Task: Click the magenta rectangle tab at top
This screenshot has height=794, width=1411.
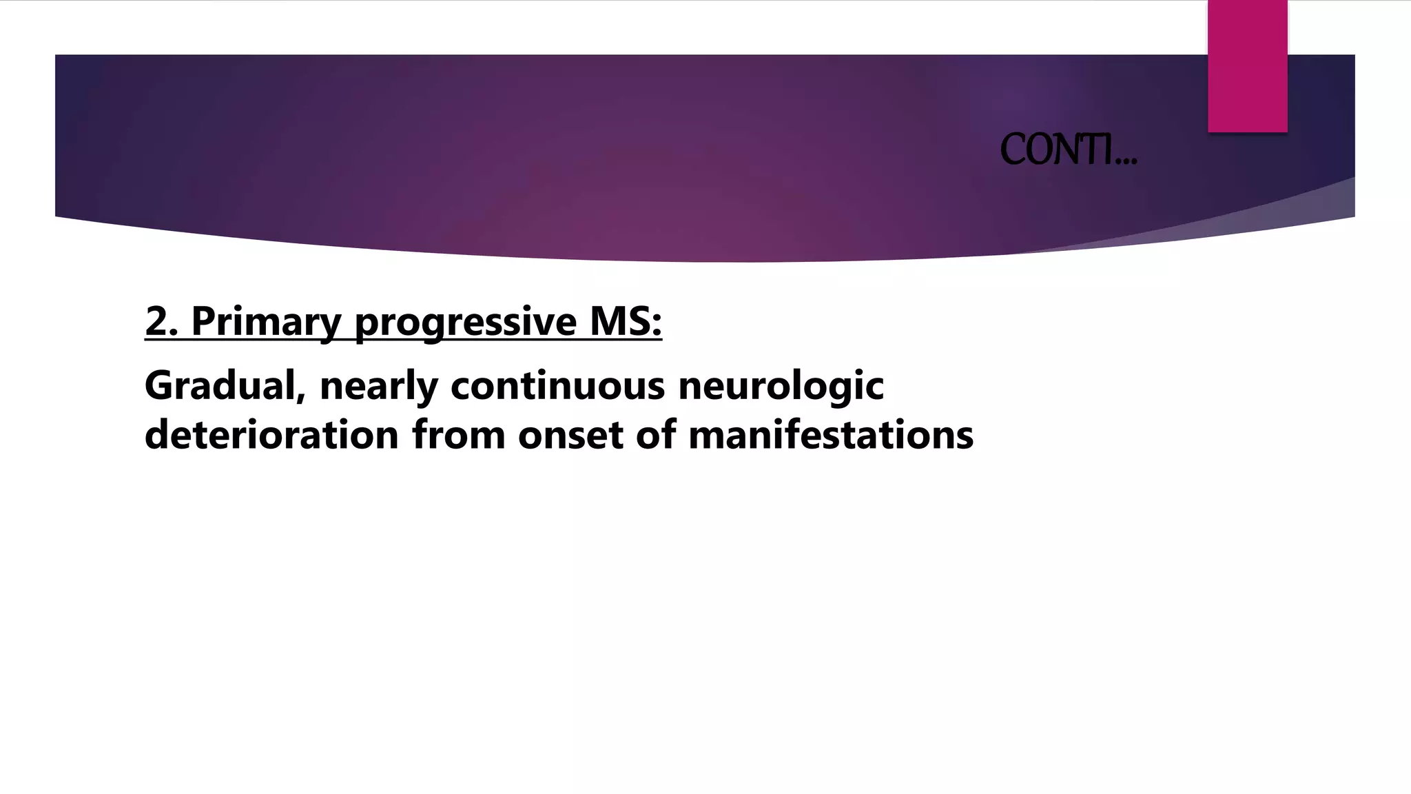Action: click(x=1247, y=66)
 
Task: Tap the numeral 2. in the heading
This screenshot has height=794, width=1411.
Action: click(x=162, y=321)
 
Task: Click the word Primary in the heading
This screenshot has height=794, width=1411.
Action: click(x=266, y=322)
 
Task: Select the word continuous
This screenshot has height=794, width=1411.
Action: click(x=557, y=385)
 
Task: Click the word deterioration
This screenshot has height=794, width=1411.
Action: click(x=271, y=436)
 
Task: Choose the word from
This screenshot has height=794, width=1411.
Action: click(x=458, y=436)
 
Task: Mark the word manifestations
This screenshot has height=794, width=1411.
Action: click(x=831, y=436)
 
